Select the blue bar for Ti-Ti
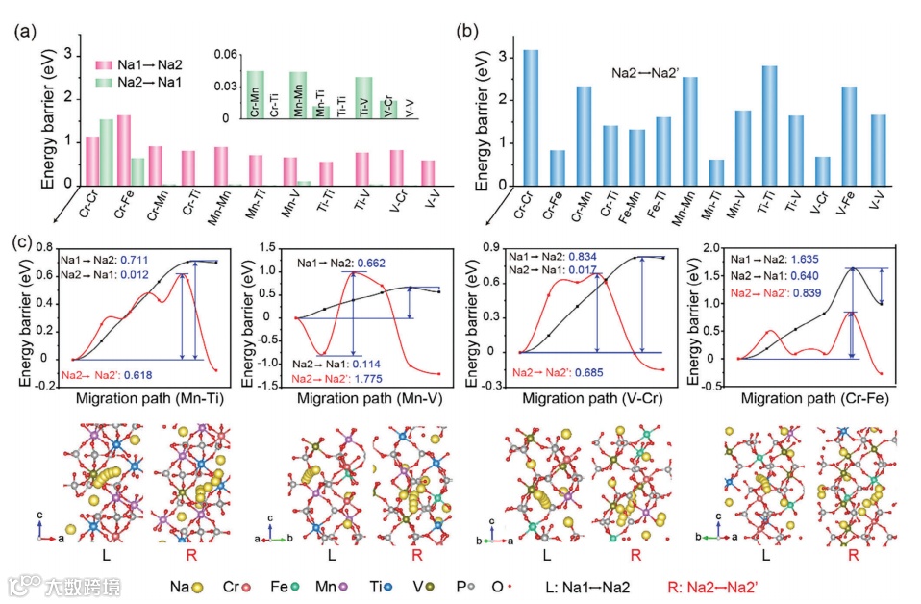(769, 126)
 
